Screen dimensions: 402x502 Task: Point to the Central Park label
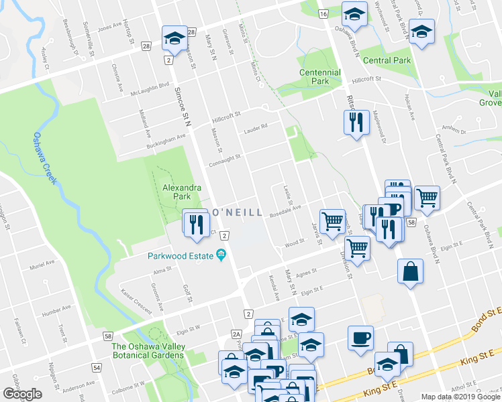click(386, 60)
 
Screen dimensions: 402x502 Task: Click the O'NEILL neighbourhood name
click(237, 212)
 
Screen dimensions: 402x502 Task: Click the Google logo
click(22, 394)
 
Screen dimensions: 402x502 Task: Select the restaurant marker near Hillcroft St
click(356, 123)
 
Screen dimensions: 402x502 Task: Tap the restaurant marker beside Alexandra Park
click(196, 223)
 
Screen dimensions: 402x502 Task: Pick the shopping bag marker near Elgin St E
click(410, 272)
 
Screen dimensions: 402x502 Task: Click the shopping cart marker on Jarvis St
click(332, 220)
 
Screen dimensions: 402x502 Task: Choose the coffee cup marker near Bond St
click(360, 337)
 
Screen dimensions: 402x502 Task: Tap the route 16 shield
click(323, 15)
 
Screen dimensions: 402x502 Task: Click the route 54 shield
click(97, 368)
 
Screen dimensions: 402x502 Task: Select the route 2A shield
click(236, 334)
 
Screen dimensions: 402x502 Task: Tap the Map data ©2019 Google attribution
click(460, 396)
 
